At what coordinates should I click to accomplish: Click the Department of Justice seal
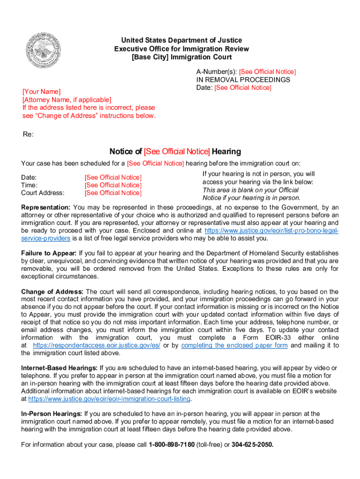43,50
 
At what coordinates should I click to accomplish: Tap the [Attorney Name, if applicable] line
67,100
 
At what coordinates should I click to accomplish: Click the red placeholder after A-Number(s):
267,72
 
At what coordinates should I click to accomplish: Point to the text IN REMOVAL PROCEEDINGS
243,80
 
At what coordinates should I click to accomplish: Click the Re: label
28,134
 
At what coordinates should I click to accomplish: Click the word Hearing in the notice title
226,152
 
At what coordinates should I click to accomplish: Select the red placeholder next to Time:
113,185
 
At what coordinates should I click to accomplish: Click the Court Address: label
43,193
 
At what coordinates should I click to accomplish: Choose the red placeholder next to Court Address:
113,193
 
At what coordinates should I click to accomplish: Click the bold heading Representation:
46,207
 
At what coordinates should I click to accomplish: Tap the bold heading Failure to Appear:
49,253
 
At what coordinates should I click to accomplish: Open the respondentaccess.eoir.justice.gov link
97,345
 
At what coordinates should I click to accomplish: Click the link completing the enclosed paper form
234,345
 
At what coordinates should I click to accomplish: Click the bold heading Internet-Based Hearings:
59,368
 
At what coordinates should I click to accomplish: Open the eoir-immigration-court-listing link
109,399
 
